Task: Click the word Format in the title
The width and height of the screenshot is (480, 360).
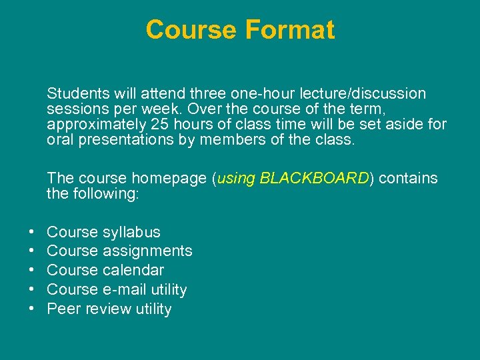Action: (x=290, y=31)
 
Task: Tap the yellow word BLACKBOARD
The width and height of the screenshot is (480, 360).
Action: (x=314, y=178)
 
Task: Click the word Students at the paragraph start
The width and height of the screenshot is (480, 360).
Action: (x=76, y=93)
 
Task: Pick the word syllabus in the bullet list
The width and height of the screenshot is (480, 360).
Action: (x=131, y=232)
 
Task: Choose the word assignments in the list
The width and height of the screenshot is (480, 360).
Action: (x=147, y=251)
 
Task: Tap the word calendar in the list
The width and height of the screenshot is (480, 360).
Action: (x=133, y=270)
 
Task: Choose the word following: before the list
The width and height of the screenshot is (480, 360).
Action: (x=106, y=194)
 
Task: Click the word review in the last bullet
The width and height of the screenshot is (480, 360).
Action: (x=107, y=309)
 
